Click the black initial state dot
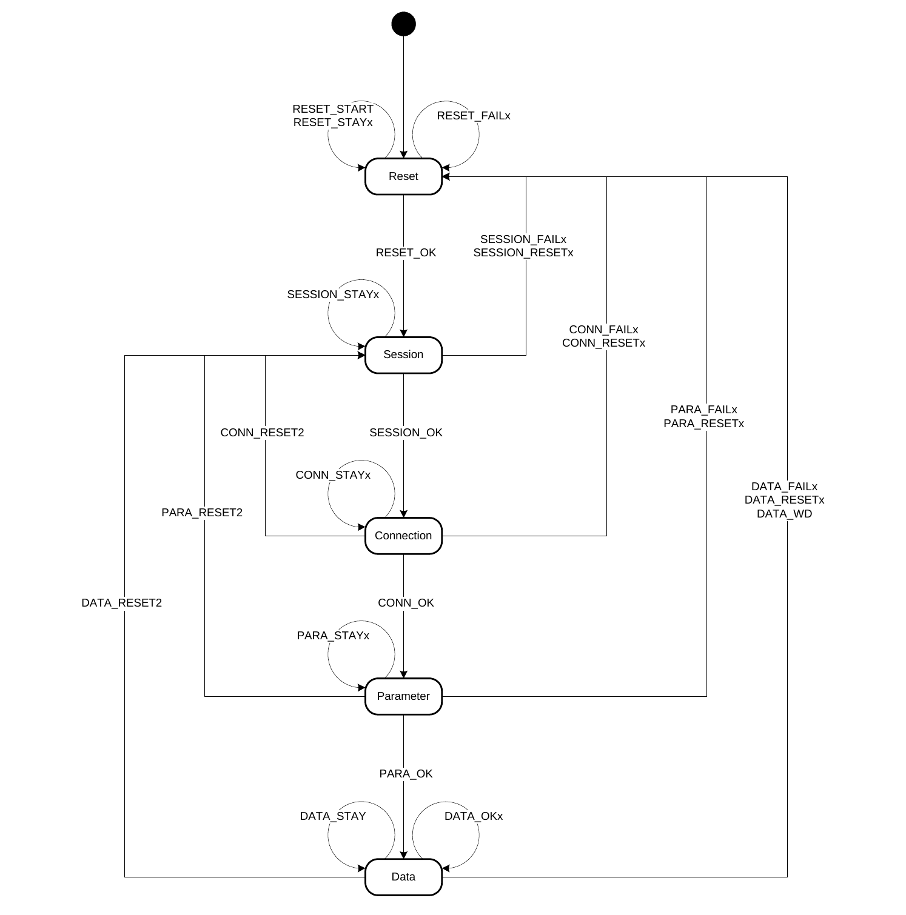point(403,24)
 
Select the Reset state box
point(403,176)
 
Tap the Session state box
point(403,355)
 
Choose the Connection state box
point(403,536)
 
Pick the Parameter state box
point(403,696)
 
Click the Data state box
point(403,877)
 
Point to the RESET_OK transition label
point(406,253)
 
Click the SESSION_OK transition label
point(406,433)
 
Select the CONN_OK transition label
point(406,603)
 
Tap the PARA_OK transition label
point(406,774)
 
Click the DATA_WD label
point(784,514)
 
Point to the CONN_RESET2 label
point(262,433)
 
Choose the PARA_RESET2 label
point(202,513)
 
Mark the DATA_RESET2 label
point(122,603)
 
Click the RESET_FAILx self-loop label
point(474,116)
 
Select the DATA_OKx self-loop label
point(474,816)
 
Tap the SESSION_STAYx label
point(333,294)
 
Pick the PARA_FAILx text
point(703,410)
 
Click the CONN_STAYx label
point(333,475)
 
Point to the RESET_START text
point(333,109)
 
